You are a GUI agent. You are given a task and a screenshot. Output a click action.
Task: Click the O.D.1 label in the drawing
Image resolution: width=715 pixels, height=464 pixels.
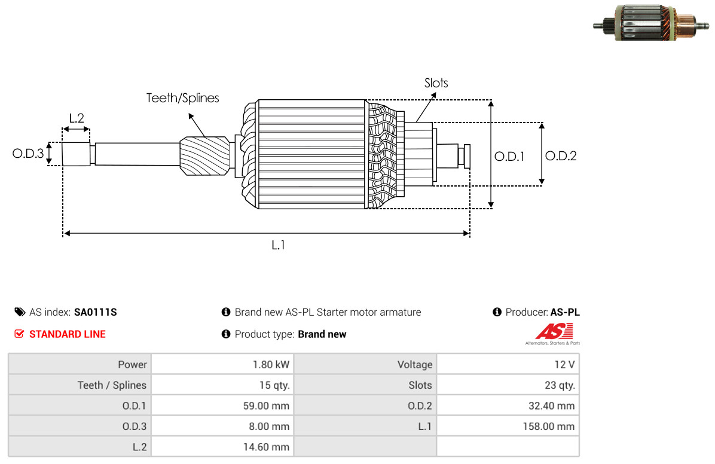pyautogui.click(x=509, y=157)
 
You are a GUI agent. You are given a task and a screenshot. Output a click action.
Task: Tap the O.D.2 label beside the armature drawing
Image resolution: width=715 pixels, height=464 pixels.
pyautogui.click(x=561, y=156)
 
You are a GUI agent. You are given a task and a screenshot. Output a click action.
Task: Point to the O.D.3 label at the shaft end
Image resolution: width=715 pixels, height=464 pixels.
pyautogui.click(x=28, y=153)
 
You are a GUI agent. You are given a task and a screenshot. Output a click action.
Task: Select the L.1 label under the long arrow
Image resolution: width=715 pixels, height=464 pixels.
pyautogui.click(x=278, y=246)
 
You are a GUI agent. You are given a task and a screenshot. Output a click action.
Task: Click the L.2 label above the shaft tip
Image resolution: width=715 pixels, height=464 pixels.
pyautogui.click(x=77, y=118)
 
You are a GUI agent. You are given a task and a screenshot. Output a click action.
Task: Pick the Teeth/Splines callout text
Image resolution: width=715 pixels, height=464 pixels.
pyautogui.click(x=182, y=98)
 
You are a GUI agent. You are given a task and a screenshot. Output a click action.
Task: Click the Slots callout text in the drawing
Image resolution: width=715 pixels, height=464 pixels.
pyautogui.click(x=436, y=83)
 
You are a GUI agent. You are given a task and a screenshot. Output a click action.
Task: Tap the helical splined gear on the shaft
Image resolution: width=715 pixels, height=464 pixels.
pyautogui.click(x=204, y=155)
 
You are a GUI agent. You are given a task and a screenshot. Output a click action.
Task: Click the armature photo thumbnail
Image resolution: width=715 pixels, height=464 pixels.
pyautogui.click(x=651, y=23)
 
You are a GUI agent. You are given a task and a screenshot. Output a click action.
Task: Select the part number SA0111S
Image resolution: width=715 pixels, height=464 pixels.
pyautogui.click(x=95, y=312)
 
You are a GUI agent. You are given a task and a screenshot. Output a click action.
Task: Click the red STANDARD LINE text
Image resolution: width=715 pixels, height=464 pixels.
pyautogui.click(x=68, y=334)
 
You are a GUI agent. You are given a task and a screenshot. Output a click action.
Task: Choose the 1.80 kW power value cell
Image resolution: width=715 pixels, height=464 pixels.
pyautogui.click(x=222, y=365)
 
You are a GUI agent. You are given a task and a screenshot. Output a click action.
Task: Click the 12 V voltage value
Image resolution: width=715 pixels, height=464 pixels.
pyautogui.click(x=564, y=365)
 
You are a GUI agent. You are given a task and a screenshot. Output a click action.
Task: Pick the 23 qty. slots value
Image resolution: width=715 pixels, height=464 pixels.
pyautogui.click(x=560, y=385)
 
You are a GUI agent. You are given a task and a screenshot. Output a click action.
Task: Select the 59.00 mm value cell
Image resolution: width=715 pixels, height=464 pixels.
pyautogui.click(x=222, y=405)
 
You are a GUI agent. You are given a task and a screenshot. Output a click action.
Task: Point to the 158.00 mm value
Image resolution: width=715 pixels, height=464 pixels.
pyautogui.click(x=549, y=426)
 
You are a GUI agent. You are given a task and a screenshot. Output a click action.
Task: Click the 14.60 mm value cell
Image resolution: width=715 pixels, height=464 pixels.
pyautogui.click(x=222, y=447)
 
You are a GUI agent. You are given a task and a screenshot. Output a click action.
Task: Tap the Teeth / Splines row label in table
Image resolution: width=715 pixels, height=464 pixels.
pyautogui.click(x=112, y=385)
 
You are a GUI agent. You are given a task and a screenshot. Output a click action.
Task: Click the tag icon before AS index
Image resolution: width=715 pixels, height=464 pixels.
pyautogui.click(x=20, y=312)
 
